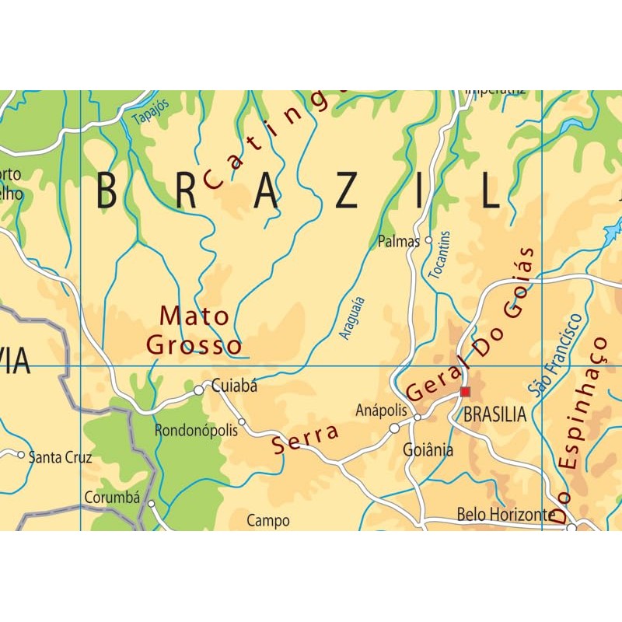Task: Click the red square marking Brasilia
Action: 465,392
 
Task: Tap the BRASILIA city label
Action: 494,415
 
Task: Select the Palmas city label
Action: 399,242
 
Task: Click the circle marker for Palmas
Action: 428,241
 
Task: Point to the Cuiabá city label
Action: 234,386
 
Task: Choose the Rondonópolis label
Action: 196,431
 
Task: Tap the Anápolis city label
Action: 381,410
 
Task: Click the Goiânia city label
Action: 428,449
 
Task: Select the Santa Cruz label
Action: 60,457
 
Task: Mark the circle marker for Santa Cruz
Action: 21,454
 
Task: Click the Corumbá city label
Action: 111,498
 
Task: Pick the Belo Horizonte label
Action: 506,514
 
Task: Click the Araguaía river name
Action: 352,318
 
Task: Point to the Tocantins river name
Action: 439,255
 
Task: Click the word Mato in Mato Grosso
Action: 194,316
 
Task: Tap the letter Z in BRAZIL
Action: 346,191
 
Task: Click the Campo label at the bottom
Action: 268,521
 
